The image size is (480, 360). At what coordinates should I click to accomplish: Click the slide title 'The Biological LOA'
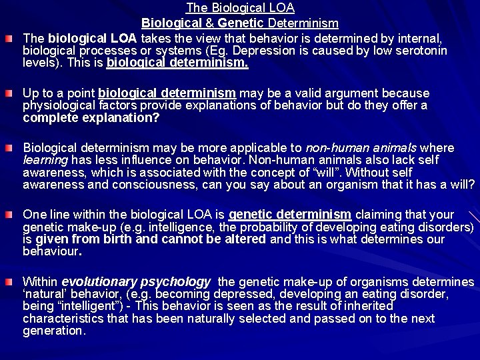click(x=240, y=9)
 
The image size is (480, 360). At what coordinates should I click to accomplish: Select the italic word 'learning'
click(x=45, y=159)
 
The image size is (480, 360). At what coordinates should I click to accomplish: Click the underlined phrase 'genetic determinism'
click(x=290, y=214)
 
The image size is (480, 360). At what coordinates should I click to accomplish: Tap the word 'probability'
click(x=251, y=227)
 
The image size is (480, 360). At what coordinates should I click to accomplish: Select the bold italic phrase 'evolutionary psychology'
click(x=136, y=281)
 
